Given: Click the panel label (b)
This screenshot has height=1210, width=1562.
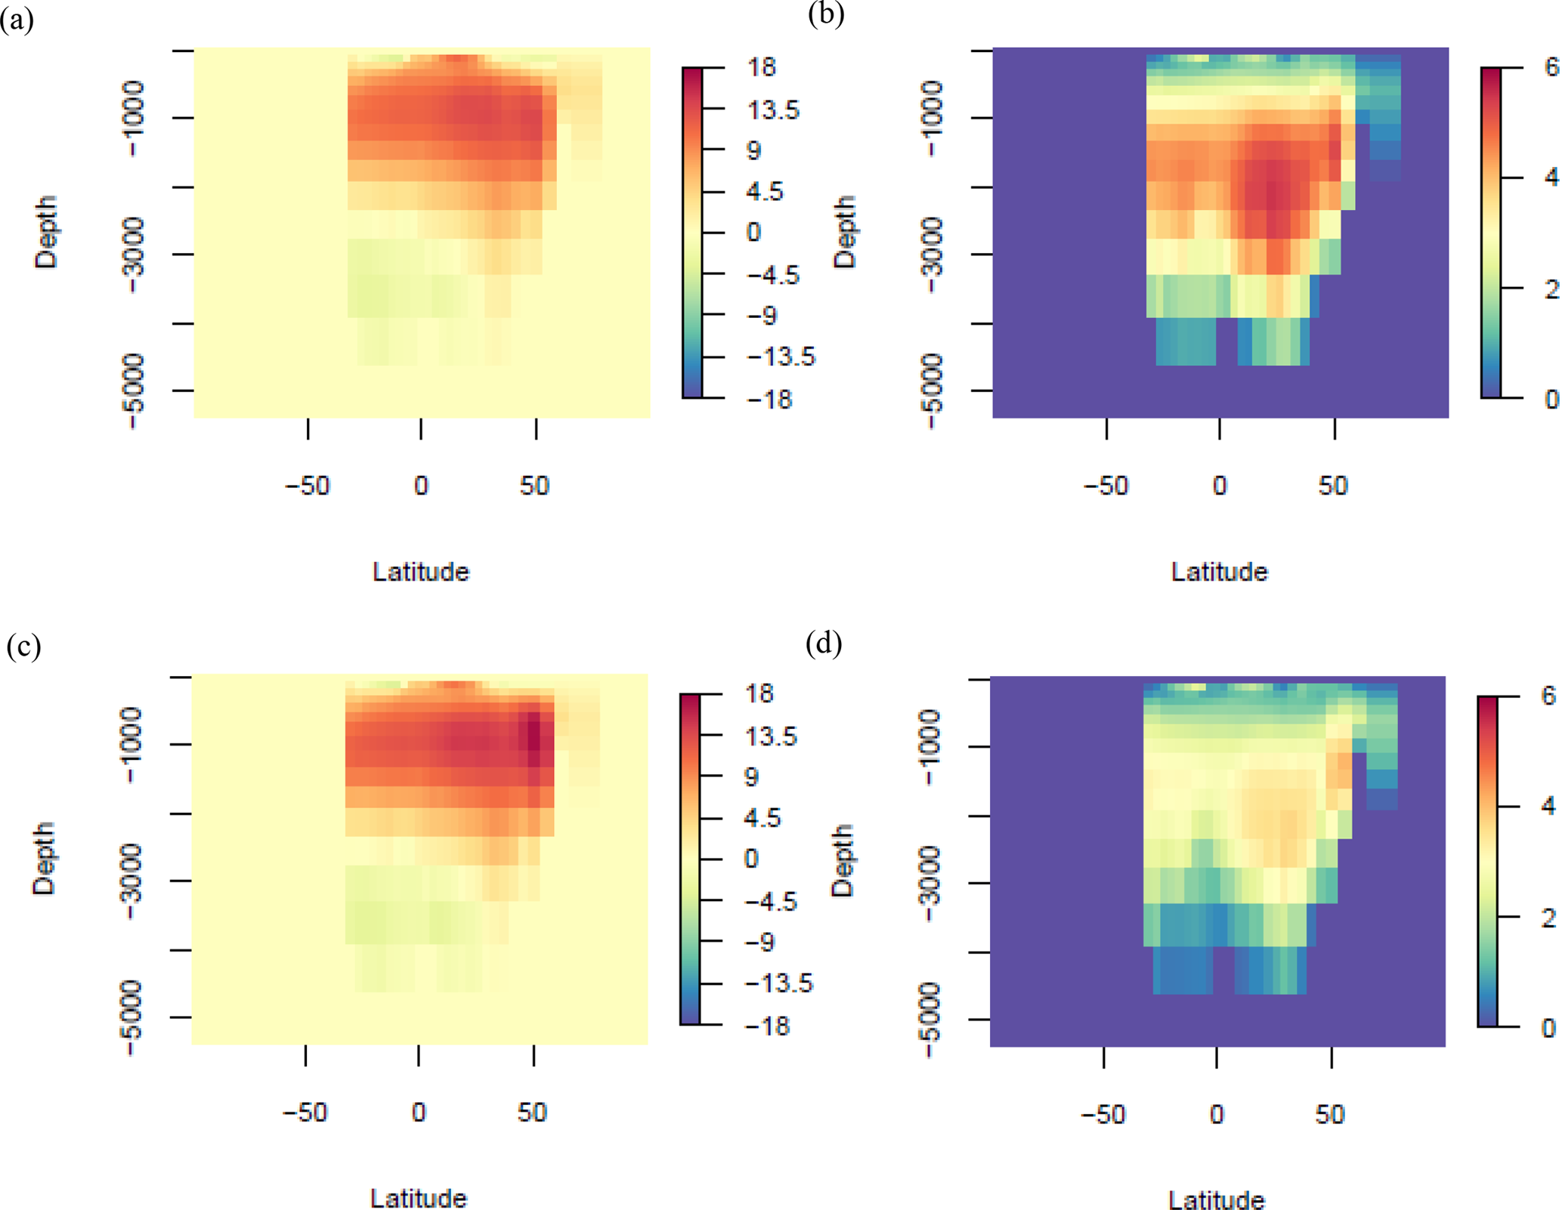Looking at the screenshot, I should [x=825, y=14].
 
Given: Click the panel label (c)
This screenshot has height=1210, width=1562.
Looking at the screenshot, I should [x=23, y=647].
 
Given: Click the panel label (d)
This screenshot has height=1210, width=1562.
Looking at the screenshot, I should [x=824, y=644].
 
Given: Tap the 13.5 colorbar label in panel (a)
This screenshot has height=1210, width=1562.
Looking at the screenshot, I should [x=772, y=110].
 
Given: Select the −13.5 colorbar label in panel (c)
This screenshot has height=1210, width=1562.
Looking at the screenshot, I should [x=778, y=983].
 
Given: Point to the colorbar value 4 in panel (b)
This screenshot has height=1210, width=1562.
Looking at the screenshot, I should [x=1551, y=177].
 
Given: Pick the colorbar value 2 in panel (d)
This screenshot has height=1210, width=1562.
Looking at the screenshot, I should [x=1549, y=918].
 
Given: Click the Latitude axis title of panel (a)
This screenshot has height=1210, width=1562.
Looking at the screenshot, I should [x=421, y=572].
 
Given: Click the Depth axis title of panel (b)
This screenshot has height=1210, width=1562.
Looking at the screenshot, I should [x=844, y=232].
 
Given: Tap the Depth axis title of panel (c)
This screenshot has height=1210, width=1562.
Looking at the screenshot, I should [x=44, y=859].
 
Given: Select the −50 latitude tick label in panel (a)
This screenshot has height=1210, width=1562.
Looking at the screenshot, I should [x=307, y=486].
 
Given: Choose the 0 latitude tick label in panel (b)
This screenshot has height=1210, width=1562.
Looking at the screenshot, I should [x=1220, y=486].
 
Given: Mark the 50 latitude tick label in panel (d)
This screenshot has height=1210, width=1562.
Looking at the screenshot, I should [x=1330, y=1115].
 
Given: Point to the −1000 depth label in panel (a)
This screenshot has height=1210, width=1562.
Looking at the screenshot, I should [x=133, y=119].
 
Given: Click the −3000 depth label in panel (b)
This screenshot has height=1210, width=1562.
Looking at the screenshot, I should [x=933, y=255].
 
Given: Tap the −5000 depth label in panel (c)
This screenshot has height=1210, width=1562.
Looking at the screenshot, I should [x=131, y=1017].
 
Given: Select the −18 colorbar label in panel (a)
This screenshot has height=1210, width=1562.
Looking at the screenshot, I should [x=769, y=399].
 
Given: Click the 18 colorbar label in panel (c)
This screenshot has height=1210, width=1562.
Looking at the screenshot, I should [x=759, y=693].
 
